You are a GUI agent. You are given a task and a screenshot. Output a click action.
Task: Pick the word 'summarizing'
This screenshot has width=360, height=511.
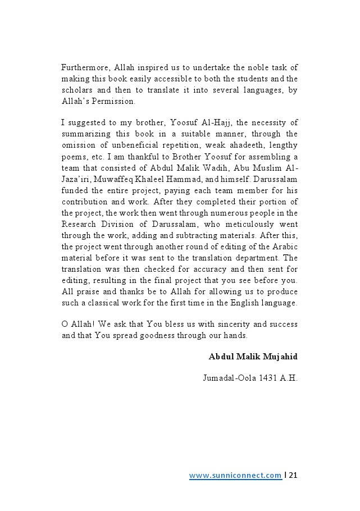coord(86,134)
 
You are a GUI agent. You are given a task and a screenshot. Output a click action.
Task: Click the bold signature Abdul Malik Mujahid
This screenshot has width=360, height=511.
coord(253,357)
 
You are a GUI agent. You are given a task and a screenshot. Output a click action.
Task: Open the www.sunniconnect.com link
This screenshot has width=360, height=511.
coord(235,476)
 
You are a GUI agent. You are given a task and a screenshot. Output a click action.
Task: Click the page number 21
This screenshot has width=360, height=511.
coord(293,476)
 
